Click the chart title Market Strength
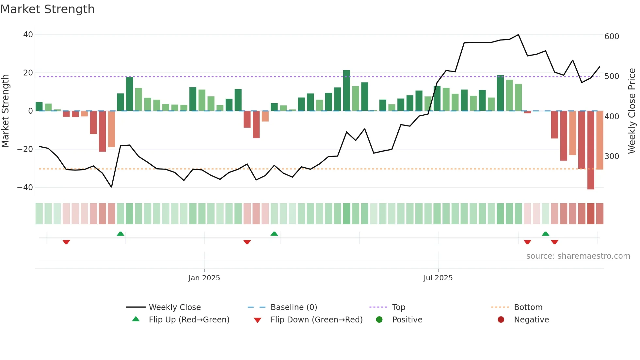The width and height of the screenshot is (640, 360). point(47,9)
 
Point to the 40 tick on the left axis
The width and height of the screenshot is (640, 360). point(28,35)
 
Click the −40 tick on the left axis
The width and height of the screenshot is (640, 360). point(25,188)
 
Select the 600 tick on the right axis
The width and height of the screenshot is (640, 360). point(612,37)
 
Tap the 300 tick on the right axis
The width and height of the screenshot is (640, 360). point(612,156)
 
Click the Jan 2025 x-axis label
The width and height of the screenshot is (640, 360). point(204,278)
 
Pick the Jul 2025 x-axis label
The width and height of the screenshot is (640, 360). point(438,278)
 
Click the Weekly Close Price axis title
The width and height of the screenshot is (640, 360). point(632,111)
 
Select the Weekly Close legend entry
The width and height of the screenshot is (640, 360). point(175,307)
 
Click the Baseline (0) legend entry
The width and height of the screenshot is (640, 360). point(294,307)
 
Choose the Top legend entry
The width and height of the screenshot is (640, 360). point(398,307)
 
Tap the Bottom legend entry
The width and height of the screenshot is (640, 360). point(528,307)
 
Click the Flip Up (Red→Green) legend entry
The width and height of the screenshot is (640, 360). point(189,320)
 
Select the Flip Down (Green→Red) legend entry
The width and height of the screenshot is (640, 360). point(316,320)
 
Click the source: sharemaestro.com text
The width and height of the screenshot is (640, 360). point(578,256)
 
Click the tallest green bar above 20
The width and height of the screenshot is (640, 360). point(346,90)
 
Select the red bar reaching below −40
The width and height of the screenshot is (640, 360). point(590,150)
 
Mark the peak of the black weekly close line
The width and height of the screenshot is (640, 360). point(518,35)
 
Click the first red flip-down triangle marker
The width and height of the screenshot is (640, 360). point(66,242)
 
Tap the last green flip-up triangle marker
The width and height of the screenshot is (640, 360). point(545,234)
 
